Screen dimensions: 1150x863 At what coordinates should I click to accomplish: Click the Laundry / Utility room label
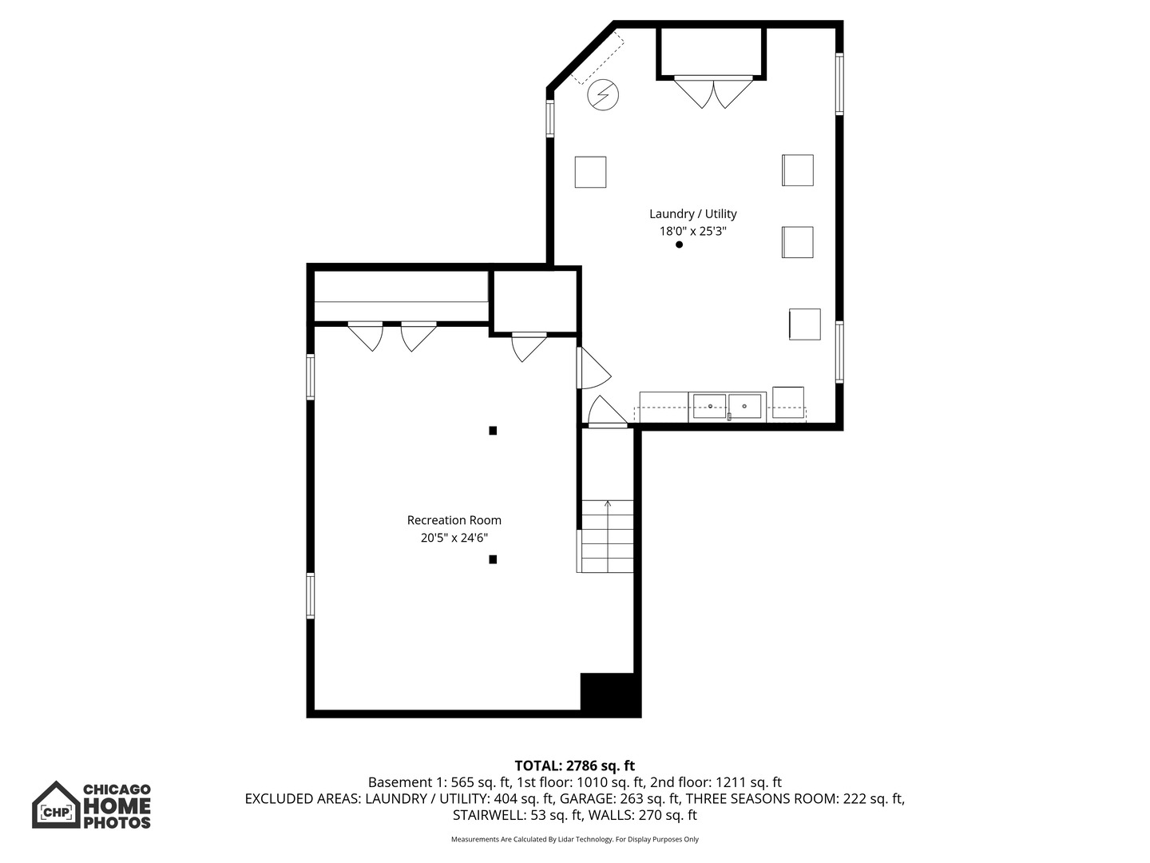click(692, 214)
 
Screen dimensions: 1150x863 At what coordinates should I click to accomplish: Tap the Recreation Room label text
click(454, 520)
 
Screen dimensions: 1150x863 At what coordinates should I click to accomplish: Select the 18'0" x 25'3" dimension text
click(692, 231)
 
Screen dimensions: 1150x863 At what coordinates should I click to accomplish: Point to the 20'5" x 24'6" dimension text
click(454, 538)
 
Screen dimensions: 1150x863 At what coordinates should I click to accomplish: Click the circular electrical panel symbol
click(602, 95)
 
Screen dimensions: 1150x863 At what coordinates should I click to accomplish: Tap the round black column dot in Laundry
click(679, 245)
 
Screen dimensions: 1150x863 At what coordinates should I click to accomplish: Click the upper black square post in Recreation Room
click(493, 431)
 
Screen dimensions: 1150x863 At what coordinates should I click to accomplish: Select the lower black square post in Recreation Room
click(493, 559)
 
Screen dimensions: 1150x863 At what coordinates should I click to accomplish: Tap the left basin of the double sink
click(709, 406)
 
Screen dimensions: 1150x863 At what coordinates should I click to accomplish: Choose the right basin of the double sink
click(744, 406)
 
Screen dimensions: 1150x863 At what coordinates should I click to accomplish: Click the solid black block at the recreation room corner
click(610, 694)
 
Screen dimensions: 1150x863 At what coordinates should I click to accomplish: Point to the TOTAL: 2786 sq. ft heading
click(575, 766)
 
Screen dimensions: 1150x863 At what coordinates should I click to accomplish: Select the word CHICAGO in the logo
click(117, 789)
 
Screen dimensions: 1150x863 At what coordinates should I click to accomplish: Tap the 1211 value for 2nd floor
click(731, 782)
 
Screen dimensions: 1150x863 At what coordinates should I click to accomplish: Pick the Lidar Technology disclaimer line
click(575, 839)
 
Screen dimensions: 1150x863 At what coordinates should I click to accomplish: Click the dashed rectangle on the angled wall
click(597, 57)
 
